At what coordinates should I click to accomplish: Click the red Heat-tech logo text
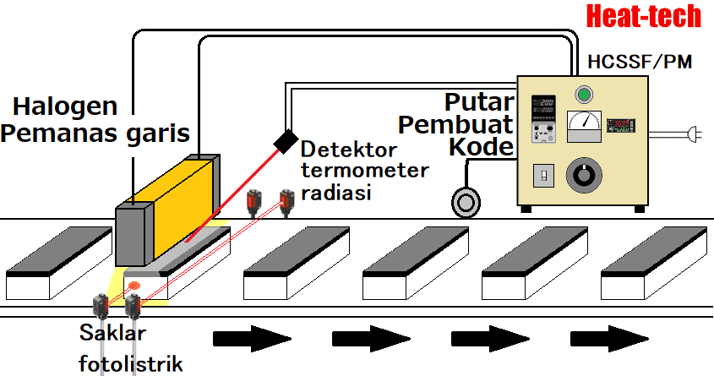(x=643, y=16)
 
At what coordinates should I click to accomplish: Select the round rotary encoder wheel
(x=465, y=203)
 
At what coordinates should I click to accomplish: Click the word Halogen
(x=64, y=107)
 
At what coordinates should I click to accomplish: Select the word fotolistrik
(x=130, y=364)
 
